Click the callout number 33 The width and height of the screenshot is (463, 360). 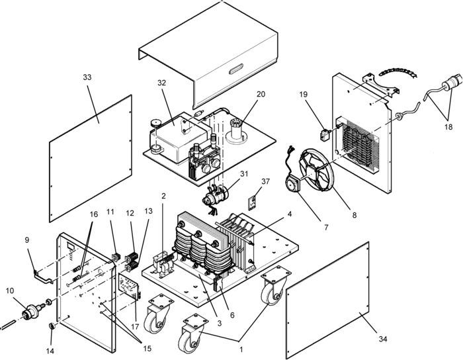[x=87, y=77]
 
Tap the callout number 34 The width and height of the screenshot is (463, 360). [x=382, y=339]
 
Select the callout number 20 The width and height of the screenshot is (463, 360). [x=243, y=94]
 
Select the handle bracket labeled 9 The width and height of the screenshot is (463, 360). [x=41, y=274]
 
